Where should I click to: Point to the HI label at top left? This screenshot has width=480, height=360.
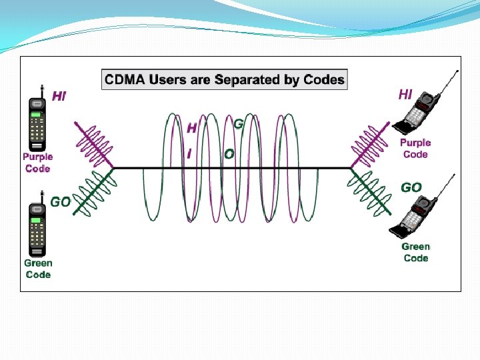59,97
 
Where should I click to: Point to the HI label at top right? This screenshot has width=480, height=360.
405,94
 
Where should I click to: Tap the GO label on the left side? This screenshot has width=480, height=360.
60,201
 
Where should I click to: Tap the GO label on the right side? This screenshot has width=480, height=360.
411,188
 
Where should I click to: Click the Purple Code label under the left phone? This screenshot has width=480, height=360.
37,163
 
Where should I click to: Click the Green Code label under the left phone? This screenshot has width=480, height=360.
37,269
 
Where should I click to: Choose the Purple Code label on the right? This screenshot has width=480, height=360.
415,149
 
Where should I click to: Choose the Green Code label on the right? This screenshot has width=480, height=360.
415,252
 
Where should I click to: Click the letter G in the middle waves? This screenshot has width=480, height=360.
238,124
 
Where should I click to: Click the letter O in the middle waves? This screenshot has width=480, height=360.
229,154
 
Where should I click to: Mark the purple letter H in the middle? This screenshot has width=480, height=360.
192,128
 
